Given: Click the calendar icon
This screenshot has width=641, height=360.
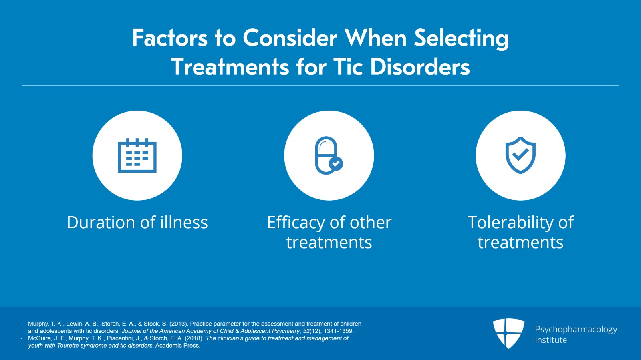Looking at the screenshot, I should [137, 156].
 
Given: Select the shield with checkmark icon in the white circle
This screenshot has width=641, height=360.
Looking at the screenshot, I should [520, 155].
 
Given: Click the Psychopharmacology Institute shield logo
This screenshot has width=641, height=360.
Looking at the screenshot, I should [508, 333].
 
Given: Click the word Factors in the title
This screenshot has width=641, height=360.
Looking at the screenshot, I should [170, 38].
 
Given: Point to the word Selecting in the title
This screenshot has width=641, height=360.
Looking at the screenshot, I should [461, 38].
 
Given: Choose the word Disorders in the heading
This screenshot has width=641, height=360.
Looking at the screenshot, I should [420, 67].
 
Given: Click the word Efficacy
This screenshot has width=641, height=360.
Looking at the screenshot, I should [296, 223].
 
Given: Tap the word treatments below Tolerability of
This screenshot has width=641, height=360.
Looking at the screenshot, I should [520, 243].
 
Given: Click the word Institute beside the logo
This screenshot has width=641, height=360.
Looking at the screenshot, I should [551, 340].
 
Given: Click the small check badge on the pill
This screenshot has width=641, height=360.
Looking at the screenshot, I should [336, 163].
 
